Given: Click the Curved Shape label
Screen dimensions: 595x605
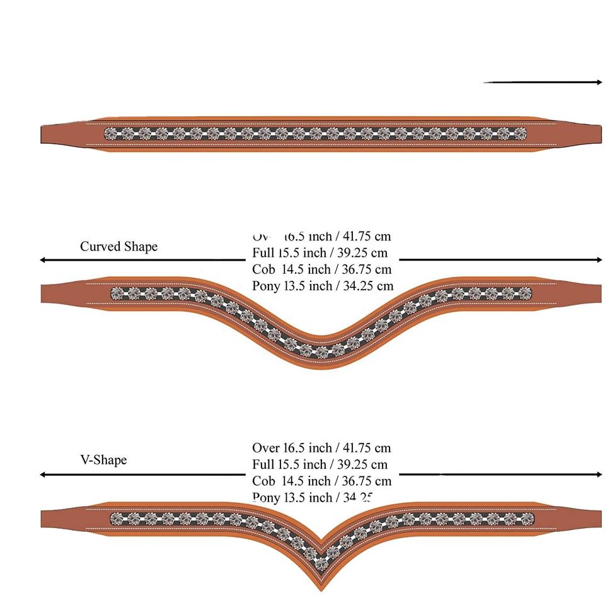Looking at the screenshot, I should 118,246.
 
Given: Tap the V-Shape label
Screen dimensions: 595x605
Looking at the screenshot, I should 103,459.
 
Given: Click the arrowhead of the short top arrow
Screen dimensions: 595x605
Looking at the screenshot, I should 599,82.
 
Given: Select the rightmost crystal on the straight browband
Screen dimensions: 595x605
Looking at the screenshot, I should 520,133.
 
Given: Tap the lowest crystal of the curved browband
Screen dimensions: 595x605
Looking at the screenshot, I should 322,351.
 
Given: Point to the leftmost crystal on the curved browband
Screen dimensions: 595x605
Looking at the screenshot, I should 118,293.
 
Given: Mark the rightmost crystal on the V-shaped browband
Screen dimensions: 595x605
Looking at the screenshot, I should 526,519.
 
